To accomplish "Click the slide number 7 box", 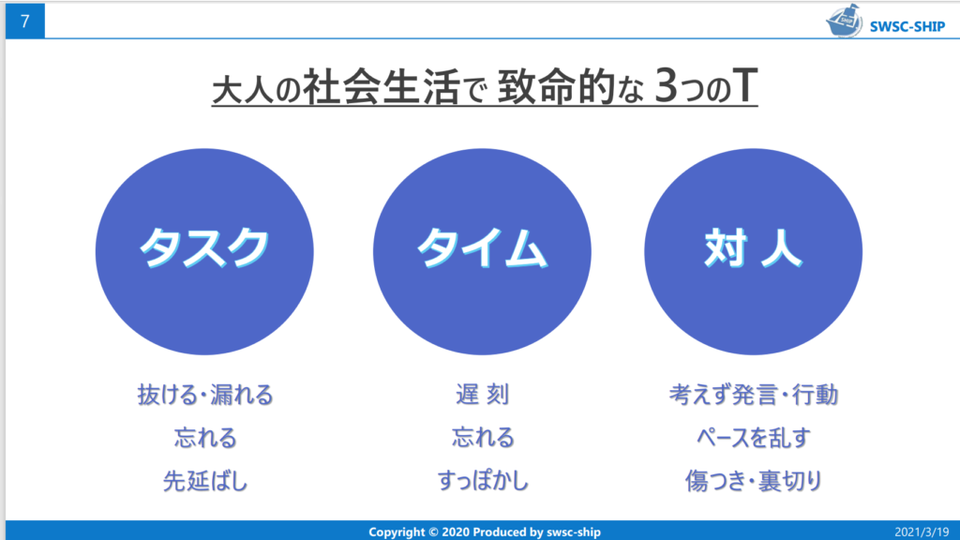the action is click(25, 21).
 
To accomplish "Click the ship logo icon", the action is click(844, 21).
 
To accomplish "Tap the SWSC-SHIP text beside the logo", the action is click(907, 26).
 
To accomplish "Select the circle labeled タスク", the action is click(204, 251).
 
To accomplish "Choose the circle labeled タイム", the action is click(482, 251).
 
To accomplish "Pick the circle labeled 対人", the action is click(753, 251).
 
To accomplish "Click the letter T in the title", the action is click(745, 85).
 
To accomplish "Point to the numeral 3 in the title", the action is click(667, 85).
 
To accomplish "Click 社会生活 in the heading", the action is click(382, 86).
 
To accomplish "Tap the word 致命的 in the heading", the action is click(556, 86).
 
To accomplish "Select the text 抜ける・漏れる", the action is click(205, 395).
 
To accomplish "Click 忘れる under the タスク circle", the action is click(205, 438).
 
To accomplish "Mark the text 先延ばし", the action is click(205, 481).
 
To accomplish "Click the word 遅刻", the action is click(483, 395).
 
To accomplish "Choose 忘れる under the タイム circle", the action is click(483, 438).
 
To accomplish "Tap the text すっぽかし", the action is click(483, 481).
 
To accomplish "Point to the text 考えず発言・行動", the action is click(753, 395).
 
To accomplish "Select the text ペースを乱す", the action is click(753, 438).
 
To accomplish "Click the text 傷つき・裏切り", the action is click(753, 481).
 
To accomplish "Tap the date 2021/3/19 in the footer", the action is click(922, 532).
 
